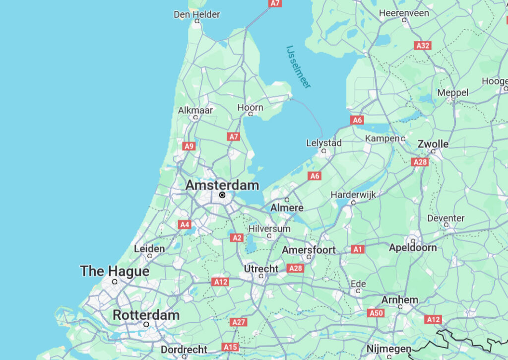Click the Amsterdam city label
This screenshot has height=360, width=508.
tap(222, 185)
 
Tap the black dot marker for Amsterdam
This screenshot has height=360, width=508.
tap(222, 195)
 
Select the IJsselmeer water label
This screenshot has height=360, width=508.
tap(299, 67)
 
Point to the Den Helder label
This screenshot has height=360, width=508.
tap(196, 14)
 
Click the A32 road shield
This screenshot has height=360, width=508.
tap(423, 46)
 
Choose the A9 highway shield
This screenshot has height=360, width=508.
tap(189, 146)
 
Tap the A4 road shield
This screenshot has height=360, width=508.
tap(185, 224)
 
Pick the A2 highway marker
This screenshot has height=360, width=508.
tap(237, 238)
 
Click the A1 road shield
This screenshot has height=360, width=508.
tap(357, 249)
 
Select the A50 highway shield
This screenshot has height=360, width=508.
tap(376, 313)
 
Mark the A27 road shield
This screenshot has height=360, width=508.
tap(239, 322)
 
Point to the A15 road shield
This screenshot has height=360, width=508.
tap(230, 347)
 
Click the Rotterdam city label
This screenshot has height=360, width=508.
tap(146, 315)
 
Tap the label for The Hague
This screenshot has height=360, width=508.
tap(115, 271)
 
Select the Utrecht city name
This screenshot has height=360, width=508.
tap(261, 269)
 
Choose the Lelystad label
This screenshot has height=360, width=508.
tap(323, 143)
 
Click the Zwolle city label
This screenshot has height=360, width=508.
tap(433, 144)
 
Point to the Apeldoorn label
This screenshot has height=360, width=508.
tap(413, 247)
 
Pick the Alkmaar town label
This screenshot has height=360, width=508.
tap(195, 110)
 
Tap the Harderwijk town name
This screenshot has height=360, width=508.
tap(353, 195)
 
